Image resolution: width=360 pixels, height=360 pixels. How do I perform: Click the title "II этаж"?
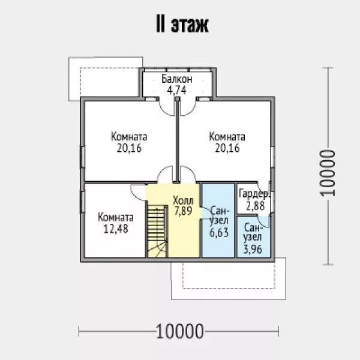pyautogui.click(x=179, y=26)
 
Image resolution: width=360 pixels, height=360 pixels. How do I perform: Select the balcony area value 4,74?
pyautogui.click(x=177, y=91)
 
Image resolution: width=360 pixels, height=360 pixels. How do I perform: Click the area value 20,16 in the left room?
pyautogui.click(x=129, y=148)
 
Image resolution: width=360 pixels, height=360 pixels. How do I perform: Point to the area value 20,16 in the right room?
pyautogui.click(x=227, y=148)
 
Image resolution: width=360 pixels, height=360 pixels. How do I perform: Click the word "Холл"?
pyautogui.click(x=183, y=200)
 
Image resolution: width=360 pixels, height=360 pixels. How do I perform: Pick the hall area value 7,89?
pyautogui.click(x=183, y=211)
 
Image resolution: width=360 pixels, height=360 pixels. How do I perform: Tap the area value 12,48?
pyautogui.click(x=116, y=229)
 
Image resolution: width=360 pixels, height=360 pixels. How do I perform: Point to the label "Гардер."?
pyautogui.click(x=254, y=194)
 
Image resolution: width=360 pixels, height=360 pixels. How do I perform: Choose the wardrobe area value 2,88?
pyautogui.click(x=254, y=205)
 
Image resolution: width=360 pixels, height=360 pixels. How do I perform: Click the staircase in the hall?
pyautogui.click(x=157, y=230)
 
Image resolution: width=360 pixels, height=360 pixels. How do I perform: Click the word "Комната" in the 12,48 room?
pyautogui.click(x=116, y=217)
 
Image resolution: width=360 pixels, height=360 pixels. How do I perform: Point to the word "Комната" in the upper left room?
pyautogui.click(x=129, y=137)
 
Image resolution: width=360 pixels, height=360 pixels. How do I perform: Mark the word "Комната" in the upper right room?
pyautogui.click(x=227, y=137)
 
